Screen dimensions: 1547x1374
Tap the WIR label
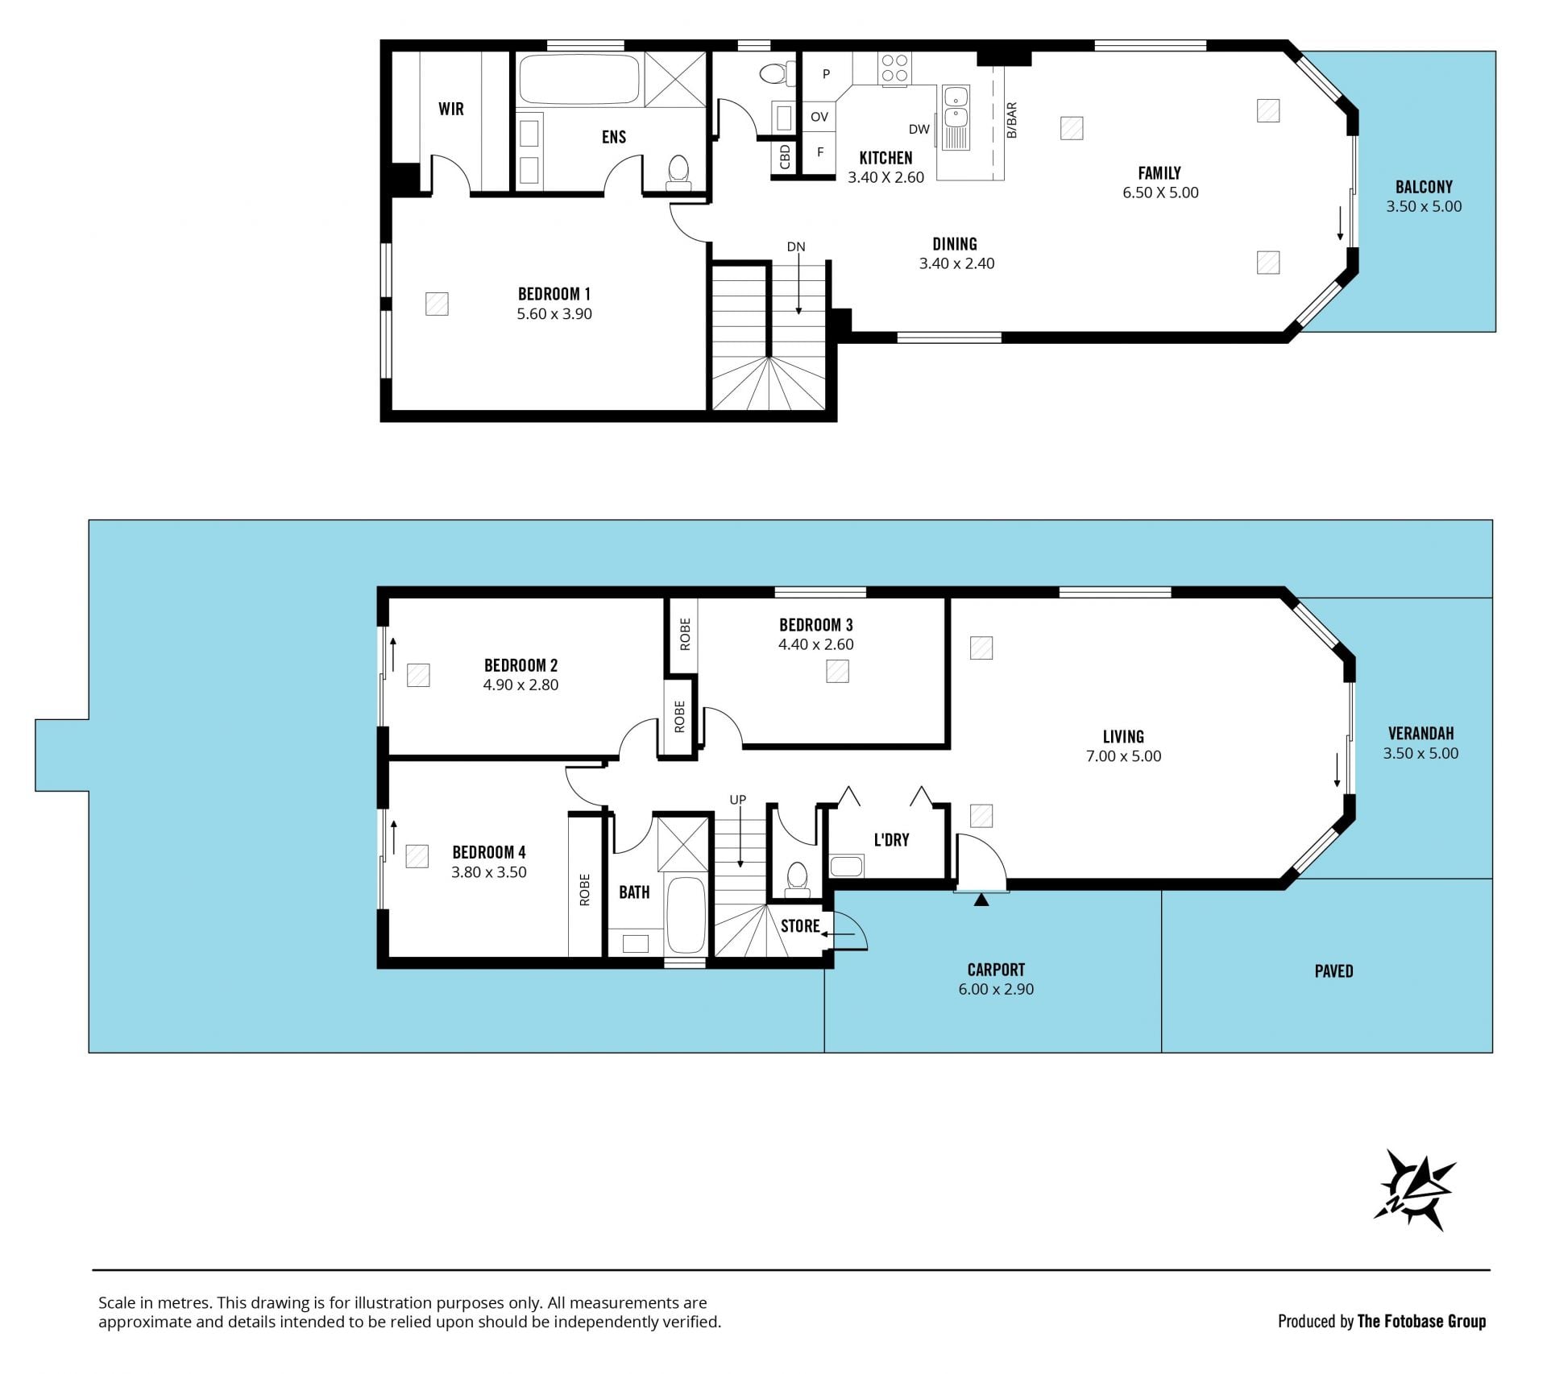click(x=451, y=109)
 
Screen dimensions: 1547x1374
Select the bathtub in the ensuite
click(x=579, y=79)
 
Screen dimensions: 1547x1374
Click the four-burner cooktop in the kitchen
click(x=894, y=68)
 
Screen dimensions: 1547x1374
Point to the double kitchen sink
click(x=956, y=118)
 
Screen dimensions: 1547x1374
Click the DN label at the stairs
click(x=796, y=246)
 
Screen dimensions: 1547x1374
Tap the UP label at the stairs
click(x=738, y=800)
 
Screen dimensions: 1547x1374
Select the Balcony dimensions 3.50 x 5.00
click(x=1424, y=206)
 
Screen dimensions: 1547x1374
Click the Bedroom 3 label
click(x=815, y=625)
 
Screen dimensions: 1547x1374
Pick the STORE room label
click(x=800, y=926)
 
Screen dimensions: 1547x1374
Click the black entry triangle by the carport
click(x=981, y=900)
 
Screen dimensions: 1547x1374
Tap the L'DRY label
click(x=891, y=840)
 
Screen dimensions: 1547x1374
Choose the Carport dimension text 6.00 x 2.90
click(x=996, y=989)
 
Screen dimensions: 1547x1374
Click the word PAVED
click(x=1333, y=971)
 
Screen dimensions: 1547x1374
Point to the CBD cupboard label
click(x=785, y=157)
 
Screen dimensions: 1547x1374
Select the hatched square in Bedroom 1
click(x=437, y=304)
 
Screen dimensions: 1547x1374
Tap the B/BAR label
click(x=1012, y=120)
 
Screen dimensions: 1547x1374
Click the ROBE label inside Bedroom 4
click(x=585, y=890)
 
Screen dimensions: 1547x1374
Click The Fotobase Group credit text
click(x=1421, y=1321)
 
